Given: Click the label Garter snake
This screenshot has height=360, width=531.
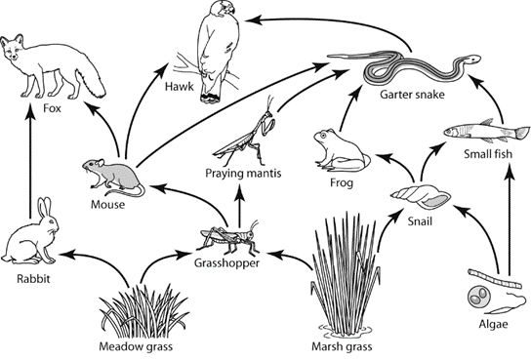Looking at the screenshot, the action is [x=412, y=94].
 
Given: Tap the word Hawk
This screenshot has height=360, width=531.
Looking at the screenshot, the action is [x=180, y=87].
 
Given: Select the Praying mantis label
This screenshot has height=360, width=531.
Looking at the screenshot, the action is [x=243, y=174].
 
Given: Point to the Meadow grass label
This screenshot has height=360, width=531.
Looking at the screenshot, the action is [x=136, y=346].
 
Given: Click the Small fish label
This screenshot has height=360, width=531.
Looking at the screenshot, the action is [x=488, y=154].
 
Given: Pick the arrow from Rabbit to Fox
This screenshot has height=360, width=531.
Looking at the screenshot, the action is [x=30, y=161].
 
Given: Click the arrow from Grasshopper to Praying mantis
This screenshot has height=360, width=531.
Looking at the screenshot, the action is [x=240, y=205].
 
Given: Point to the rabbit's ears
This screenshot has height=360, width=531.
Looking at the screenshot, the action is [x=44, y=207].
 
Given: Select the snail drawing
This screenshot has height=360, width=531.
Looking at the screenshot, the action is [x=421, y=197].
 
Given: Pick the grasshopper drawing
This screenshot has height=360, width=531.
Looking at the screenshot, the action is [x=229, y=237].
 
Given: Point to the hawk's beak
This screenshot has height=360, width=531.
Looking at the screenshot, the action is [x=230, y=11].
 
